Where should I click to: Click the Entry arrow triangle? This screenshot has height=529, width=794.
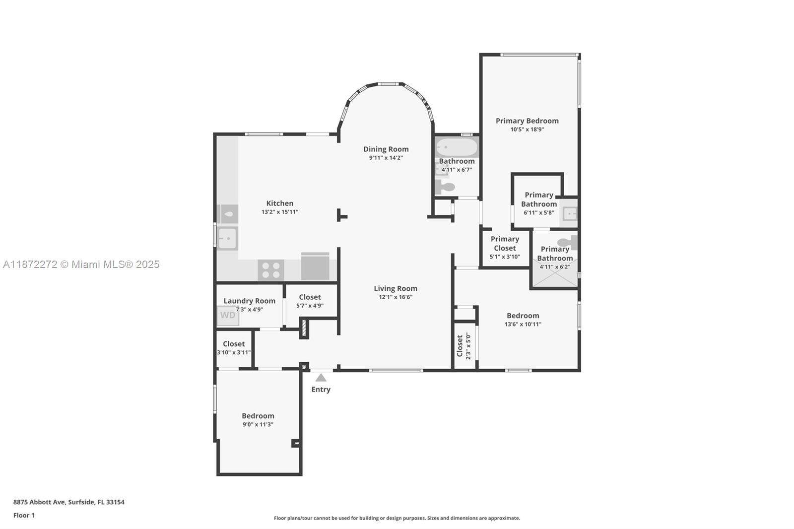click(321, 377)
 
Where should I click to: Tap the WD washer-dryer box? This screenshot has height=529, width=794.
click(228, 315)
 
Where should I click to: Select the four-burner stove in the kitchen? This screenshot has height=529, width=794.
click(271, 270)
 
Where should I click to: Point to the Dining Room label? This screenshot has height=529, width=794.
click(386, 149)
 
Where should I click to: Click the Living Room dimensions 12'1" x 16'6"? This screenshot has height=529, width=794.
click(396, 297)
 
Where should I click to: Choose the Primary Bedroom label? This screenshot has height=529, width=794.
click(527, 121)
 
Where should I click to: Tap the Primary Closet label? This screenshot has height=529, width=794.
click(505, 244)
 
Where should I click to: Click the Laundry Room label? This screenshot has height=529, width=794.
click(250, 301)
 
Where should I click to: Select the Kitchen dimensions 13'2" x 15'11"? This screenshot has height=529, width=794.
click(280, 212)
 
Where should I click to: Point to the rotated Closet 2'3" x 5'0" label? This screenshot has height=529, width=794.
click(463, 346)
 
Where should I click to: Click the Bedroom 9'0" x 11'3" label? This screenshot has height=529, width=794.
click(258, 420)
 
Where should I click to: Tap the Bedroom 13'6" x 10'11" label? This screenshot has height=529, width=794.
click(523, 320)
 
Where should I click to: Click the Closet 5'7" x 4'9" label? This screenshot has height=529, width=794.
click(310, 301)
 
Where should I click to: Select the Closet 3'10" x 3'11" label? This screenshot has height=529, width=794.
click(234, 348)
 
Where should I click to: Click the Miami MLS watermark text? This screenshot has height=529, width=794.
click(81, 264)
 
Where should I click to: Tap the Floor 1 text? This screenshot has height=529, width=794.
click(24, 516)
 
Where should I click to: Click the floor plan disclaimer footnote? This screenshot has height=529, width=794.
click(397, 518)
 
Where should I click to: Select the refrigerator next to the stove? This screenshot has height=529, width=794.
click(315, 266)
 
